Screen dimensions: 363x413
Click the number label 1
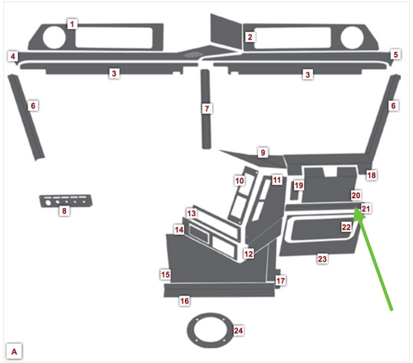click(73, 24)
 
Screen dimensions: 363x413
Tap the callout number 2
click(249, 37)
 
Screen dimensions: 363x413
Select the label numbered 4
click(13, 56)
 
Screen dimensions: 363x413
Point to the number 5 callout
click(396, 54)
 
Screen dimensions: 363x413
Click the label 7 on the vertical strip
click(207, 108)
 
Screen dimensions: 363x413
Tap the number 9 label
click(263, 153)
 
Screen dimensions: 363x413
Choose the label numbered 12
click(248, 254)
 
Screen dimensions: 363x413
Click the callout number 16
click(184, 301)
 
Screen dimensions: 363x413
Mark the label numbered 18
click(371, 176)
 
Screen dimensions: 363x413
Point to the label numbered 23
click(322, 259)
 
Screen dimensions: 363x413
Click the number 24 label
click(239, 331)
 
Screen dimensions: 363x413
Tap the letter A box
click(14, 351)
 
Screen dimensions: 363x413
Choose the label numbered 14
click(178, 229)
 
